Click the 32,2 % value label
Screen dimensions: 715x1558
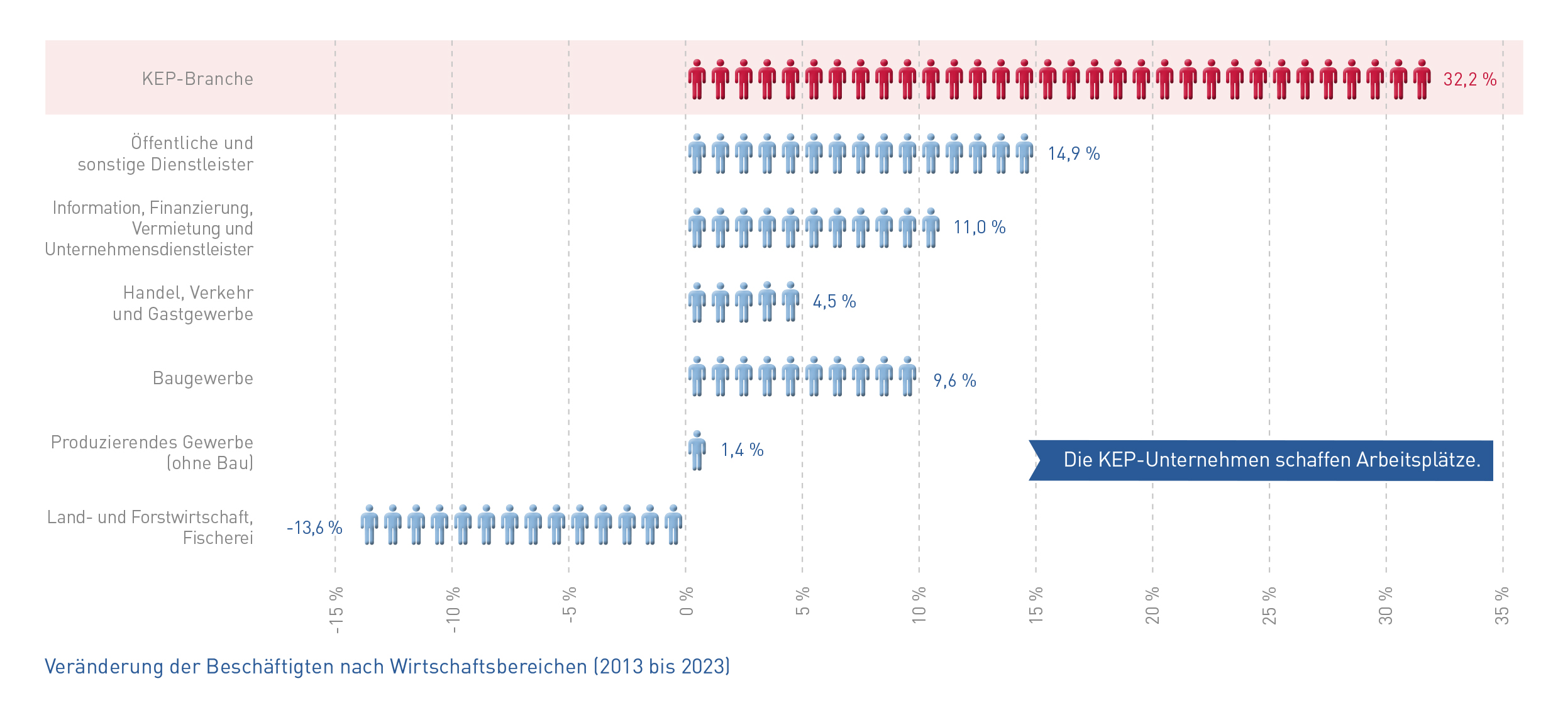point(1469,80)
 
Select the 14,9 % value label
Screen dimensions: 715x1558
point(1073,154)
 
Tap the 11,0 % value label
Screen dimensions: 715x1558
point(979,228)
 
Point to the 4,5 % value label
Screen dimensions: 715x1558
point(834,302)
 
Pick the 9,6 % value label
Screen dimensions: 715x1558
point(954,381)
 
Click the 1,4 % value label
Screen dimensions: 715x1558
point(742,450)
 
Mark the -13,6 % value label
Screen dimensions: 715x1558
point(314,528)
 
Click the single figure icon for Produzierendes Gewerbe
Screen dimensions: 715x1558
point(697,451)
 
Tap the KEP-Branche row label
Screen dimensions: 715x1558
point(197,79)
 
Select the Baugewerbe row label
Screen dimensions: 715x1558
point(202,379)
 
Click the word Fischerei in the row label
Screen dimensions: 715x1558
point(218,538)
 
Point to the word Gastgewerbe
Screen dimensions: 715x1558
point(201,314)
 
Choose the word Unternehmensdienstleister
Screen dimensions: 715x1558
point(149,250)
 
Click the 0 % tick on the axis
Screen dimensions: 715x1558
point(686,601)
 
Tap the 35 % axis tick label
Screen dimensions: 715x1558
point(1502,606)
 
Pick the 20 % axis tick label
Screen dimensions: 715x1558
point(1152,606)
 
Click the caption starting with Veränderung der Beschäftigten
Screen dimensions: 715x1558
point(387,667)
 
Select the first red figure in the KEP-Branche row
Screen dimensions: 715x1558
point(697,80)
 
